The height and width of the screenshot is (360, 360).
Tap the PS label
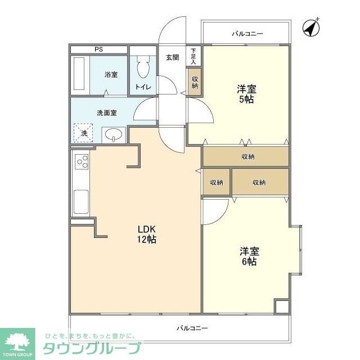point(98,49)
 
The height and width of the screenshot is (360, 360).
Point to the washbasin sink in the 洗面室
point(115,135)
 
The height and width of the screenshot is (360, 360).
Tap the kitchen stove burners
point(82,161)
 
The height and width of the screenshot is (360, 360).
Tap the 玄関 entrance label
point(172,57)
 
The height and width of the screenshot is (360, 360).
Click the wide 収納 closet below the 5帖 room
point(246,156)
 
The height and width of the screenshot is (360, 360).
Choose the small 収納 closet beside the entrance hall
point(195,82)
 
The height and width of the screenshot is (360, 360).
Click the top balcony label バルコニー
point(247,34)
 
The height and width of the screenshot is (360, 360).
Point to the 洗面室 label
point(106,112)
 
